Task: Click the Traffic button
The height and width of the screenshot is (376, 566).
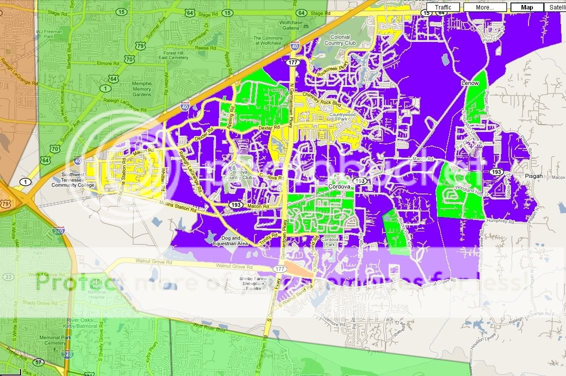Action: [x=442, y=7]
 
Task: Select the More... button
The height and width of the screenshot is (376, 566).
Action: [x=484, y=7]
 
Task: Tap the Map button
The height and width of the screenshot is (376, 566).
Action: [x=526, y=7]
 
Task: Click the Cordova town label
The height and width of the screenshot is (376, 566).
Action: [x=341, y=186]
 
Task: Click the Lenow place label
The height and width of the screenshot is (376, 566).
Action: [x=470, y=82]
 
